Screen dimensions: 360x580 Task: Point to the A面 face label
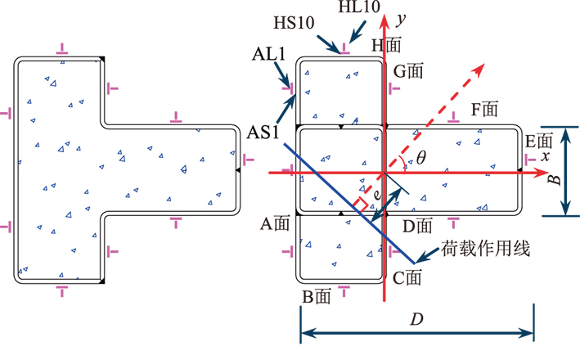click(x=276, y=223)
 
